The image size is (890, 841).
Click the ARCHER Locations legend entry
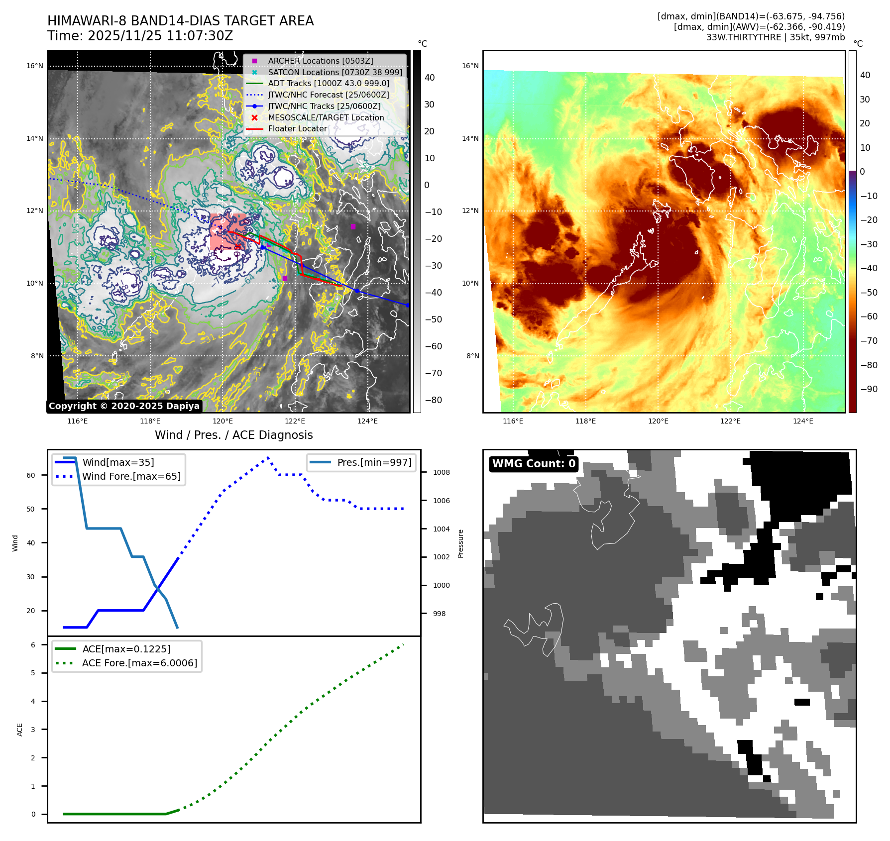pos(320,61)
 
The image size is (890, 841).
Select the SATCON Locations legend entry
pos(334,72)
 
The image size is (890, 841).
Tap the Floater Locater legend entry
pos(297,128)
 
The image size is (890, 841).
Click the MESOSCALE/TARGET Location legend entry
pos(326,117)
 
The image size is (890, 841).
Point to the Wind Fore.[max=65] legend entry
pos(131,476)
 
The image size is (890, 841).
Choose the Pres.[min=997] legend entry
pos(374,462)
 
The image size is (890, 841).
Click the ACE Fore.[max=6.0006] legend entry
pos(139,663)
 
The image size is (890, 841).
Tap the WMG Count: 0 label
pos(534,464)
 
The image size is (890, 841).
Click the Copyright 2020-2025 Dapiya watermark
pos(124,406)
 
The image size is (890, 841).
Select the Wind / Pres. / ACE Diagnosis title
pos(233,435)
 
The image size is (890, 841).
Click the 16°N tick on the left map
pos(34,66)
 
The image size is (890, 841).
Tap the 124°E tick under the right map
pos(803,421)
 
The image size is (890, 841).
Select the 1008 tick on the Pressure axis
pos(441,472)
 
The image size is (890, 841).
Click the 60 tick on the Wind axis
pos(31,475)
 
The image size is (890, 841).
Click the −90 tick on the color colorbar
pos(869,389)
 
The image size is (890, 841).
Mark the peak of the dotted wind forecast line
pos(268,457)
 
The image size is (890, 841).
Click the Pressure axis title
pos(460,543)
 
